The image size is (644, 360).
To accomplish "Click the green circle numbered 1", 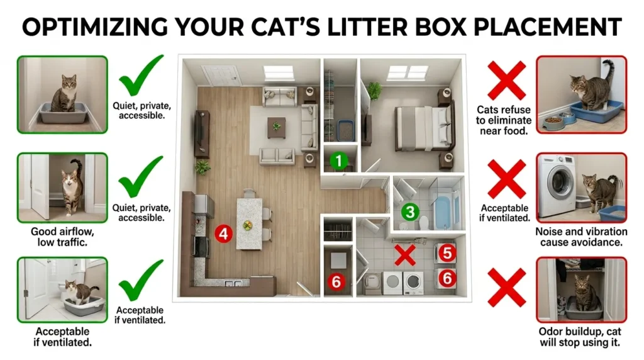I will click(x=340, y=160).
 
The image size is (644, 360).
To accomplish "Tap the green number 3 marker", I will click(x=410, y=212).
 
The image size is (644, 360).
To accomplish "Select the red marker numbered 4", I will click(x=224, y=233).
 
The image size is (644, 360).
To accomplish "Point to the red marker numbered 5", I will click(x=446, y=253).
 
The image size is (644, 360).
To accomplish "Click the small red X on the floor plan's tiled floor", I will click(x=404, y=255).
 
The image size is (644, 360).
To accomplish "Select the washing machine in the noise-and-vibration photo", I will click(x=556, y=186).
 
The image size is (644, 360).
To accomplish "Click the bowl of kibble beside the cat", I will click(x=553, y=120).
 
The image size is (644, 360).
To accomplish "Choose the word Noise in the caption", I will click(x=550, y=231).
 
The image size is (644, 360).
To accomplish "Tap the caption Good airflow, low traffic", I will click(x=62, y=237).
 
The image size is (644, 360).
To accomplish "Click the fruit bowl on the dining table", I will click(x=249, y=225).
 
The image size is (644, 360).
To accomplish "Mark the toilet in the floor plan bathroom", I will click(x=423, y=222).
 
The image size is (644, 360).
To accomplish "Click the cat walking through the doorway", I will click(x=71, y=186).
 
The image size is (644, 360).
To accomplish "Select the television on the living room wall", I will click(x=201, y=133).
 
